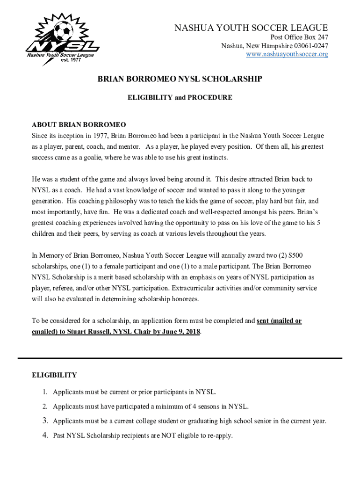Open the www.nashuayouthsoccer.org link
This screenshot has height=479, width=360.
[287, 54]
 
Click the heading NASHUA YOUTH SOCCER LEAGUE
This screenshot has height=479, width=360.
[251, 28]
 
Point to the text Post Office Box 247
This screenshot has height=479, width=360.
[298, 37]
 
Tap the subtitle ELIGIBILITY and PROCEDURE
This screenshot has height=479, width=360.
[180, 98]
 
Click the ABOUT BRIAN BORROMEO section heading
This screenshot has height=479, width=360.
[79, 125]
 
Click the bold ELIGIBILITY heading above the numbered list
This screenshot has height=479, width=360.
[54, 375]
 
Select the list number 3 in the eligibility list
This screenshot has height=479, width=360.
[45, 421]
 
